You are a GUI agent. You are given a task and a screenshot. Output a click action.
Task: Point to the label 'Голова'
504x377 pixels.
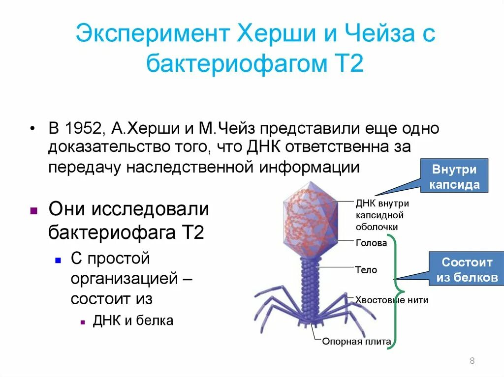[371, 243]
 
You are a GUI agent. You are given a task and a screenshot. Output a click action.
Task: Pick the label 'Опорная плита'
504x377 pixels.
[356, 341]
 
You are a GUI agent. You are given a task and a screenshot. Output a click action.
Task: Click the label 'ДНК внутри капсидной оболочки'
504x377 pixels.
[381, 215]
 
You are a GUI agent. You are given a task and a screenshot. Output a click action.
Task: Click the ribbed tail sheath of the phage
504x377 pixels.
[311, 290]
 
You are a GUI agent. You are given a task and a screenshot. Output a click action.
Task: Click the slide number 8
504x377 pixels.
[472, 361]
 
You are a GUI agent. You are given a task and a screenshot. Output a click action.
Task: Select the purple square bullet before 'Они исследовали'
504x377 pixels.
[33, 211]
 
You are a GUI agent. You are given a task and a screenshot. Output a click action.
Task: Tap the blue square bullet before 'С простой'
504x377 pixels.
[58, 259]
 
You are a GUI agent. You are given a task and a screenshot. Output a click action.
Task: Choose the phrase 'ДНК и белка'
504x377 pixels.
[133, 321]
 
